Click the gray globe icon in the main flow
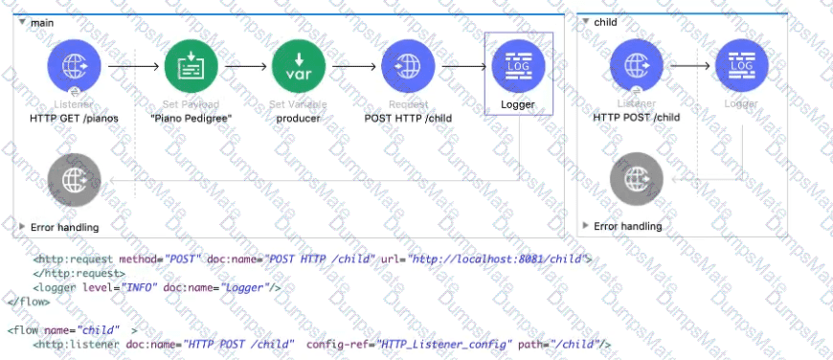click(x=75, y=179)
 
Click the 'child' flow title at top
click(x=605, y=22)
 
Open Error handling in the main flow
click(x=65, y=227)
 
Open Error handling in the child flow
click(x=627, y=226)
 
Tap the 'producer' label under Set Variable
click(x=298, y=118)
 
